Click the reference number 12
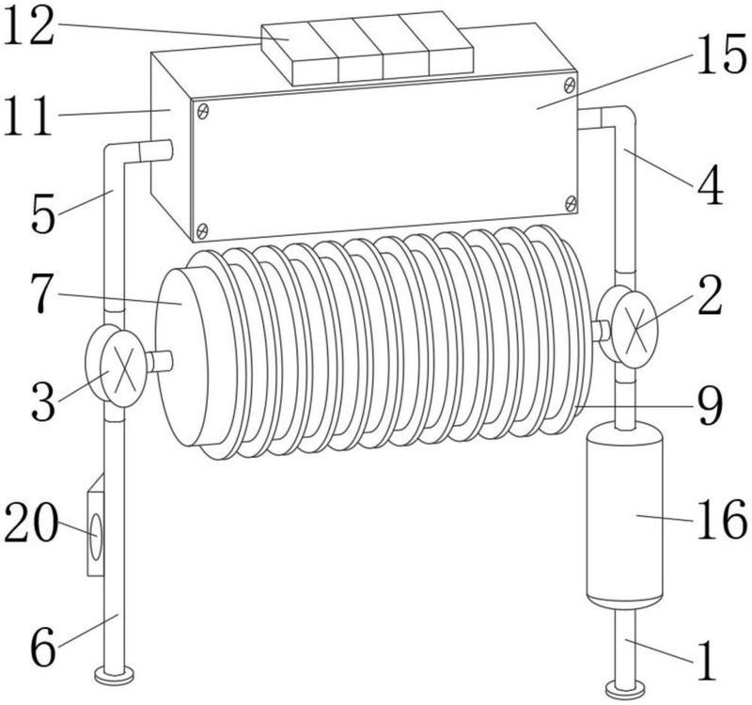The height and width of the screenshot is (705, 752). tap(28, 29)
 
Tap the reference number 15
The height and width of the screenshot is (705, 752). tap(721, 56)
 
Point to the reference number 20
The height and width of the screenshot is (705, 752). tap(31, 523)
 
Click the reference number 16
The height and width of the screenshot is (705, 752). tap(721, 520)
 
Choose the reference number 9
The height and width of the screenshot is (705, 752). tap(710, 406)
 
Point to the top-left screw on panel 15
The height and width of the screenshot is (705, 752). tap(203, 112)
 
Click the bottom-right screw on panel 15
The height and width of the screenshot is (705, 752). tap(571, 203)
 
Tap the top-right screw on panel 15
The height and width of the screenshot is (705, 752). tap(570, 85)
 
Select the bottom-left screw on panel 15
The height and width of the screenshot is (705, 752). tap(203, 230)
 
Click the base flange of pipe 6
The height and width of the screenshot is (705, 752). tap(114, 676)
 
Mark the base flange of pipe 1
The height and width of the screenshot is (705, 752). tap(625, 691)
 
